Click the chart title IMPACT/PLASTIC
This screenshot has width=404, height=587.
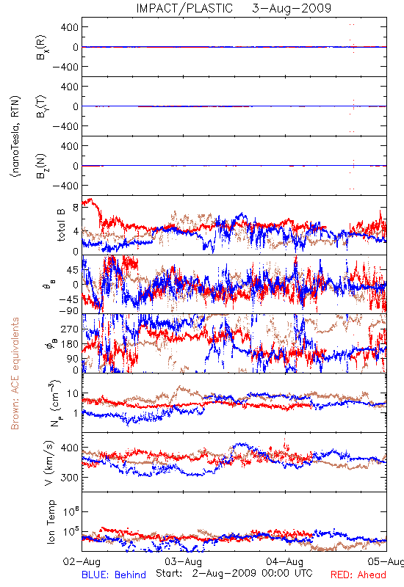pyautogui.click(x=184, y=8)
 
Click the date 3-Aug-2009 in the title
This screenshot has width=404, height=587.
pyautogui.click(x=292, y=8)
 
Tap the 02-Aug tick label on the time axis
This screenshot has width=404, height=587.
pyautogui.click(x=82, y=561)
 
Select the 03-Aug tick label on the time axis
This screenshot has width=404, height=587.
pyautogui.click(x=183, y=561)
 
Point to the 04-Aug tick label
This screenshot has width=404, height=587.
pyautogui.click(x=285, y=561)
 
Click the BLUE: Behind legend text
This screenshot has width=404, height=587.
pyautogui.click(x=114, y=575)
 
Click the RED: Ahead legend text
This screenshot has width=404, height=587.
pyautogui.click(x=358, y=575)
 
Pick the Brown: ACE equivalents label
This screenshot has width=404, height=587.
pyautogui.click(x=15, y=373)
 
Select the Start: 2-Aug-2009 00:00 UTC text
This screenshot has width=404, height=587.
pyautogui.click(x=234, y=573)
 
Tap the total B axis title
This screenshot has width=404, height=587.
pyautogui.click(x=60, y=225)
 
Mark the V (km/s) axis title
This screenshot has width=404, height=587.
pyautogui.click(x=49, y=463)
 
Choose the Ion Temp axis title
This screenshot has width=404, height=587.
pyautogui.click(x=51, y=522)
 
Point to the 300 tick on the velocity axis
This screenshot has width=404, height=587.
pyautogui.click(x=70, y=478)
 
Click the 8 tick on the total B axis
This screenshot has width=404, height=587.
pyautogui.click(x=76, y=208)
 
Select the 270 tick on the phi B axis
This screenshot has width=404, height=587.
pyautogui.click(x=70, y=329)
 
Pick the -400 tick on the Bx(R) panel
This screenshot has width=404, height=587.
pyautogui.click(x=65, y=67)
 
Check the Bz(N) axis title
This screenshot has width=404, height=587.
pyautogui.click(x=41, y=166)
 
